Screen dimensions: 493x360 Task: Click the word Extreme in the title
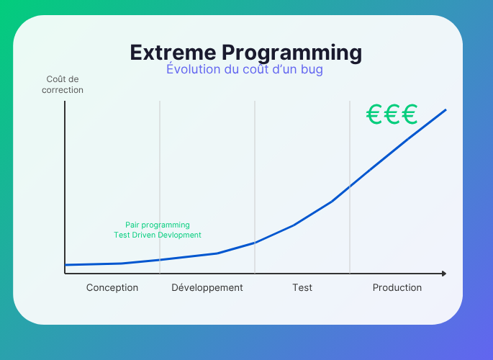point(173,52)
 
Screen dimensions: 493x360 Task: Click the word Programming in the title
point(292,53)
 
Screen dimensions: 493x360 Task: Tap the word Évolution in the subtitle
point(194,69)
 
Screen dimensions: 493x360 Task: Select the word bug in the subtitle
point(312,70)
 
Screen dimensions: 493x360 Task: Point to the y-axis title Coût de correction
point(63,84)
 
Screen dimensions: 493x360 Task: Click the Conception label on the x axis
point(112,288)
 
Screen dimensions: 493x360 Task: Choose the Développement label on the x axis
point(207,288)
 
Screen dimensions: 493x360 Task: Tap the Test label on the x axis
point(302,287)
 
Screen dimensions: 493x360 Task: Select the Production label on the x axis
point(397,287)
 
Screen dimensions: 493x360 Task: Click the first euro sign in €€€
point(374,114)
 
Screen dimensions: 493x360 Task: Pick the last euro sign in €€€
point(410,114)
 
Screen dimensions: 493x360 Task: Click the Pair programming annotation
point(158,225)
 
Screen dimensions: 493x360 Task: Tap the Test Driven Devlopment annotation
point(158,235)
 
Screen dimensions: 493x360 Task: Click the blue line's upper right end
point(445,109)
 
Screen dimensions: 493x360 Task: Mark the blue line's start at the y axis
point(65,265)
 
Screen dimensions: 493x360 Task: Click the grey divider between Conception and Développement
point(160,187)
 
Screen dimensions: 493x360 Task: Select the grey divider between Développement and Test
point(255,187)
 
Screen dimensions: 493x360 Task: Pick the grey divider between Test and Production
point(350,187)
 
